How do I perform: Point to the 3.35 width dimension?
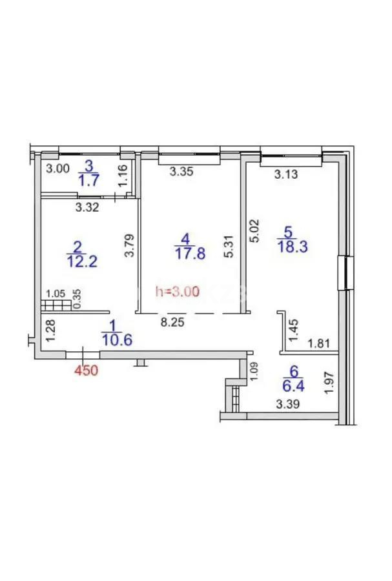point(182,172)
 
